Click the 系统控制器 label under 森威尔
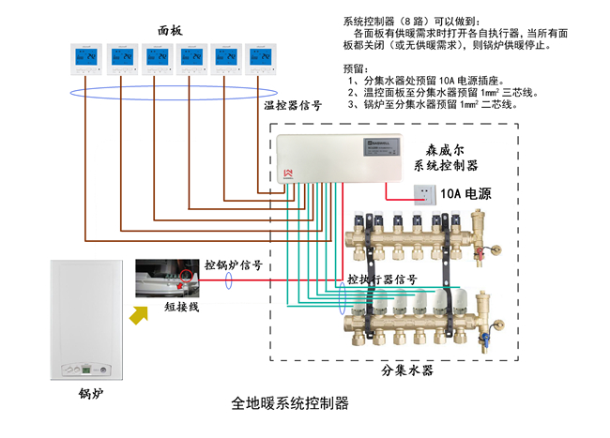[446, 165]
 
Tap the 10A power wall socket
[426, 193]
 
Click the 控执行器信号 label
[382, 279]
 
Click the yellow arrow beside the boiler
[141, 316]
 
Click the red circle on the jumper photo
[188, 276]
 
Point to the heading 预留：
[358, 68]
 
